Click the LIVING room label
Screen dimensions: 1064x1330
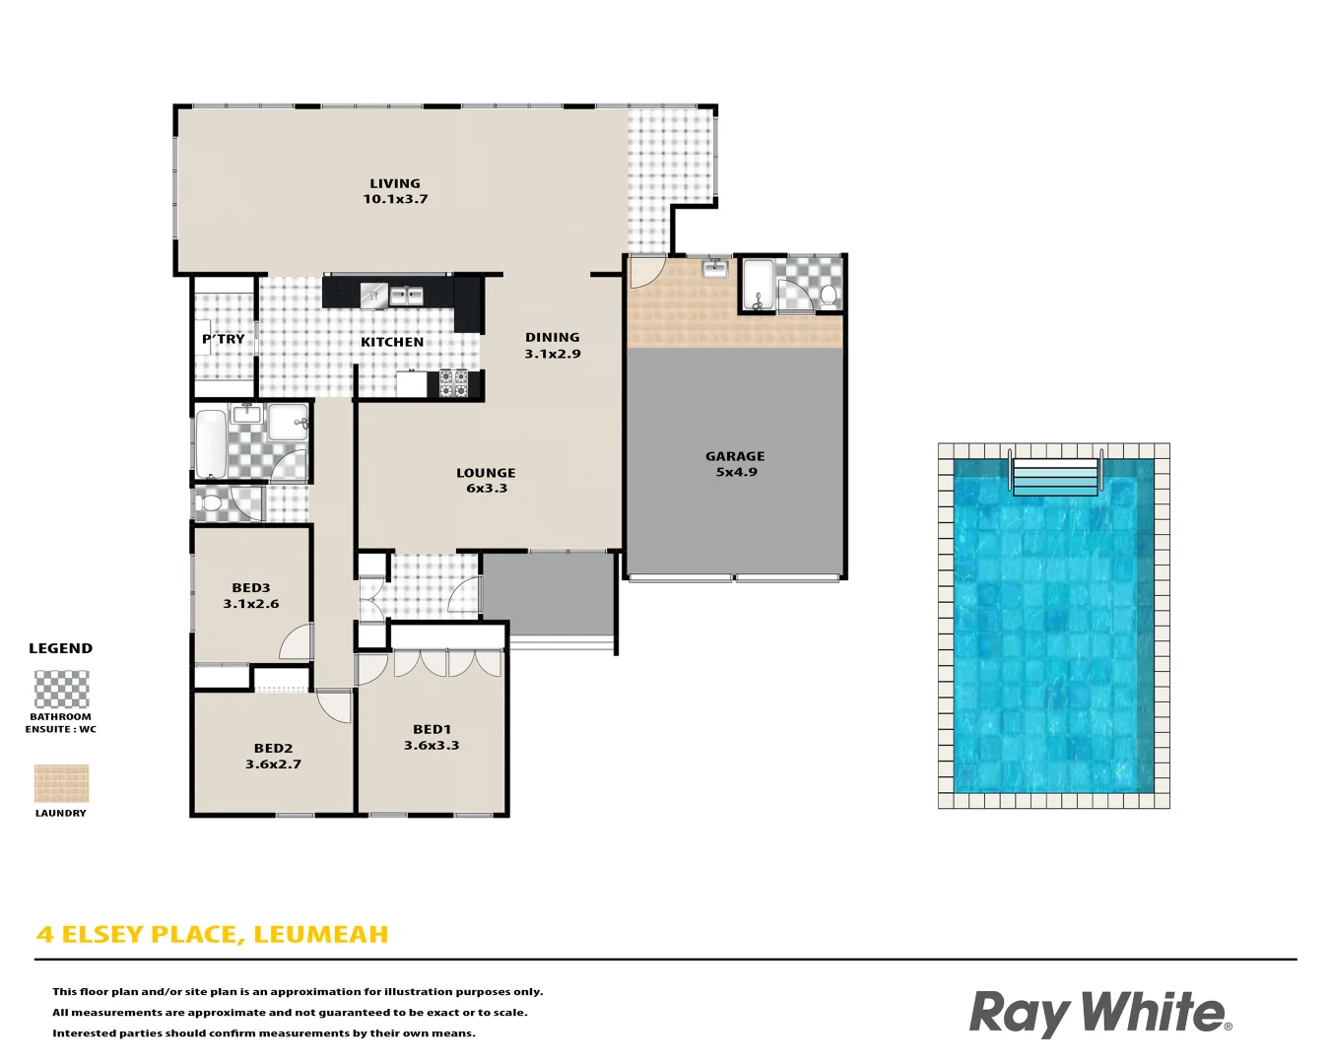(395, 191)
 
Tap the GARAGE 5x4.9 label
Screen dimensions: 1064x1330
(735, 464)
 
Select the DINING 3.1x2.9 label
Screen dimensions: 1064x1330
(552, 346)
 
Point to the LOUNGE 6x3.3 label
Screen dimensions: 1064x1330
(486, 481)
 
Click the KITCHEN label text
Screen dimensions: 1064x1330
(392, 342)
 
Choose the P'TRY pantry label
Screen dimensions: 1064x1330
(224, 339)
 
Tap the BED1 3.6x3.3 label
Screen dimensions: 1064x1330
(432, 738)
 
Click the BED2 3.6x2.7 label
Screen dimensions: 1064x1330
(273, 756)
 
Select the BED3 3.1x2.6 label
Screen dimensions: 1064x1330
(251, 596)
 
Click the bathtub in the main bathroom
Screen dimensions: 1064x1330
(211, 443)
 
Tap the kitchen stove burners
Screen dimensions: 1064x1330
(453, 383)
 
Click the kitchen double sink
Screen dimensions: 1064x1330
(406, 295)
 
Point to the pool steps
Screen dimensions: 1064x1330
(1054, 477)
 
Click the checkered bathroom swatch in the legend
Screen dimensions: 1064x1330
(61, 690)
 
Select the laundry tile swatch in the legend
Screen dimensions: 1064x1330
(61, 784)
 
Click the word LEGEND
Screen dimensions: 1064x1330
(60, 648)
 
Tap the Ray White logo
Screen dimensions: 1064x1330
(1099, 1013)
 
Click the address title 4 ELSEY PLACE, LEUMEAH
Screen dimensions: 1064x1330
(213, 934)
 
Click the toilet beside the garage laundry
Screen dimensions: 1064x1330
(828, 294)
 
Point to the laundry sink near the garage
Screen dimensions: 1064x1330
(715, 268)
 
